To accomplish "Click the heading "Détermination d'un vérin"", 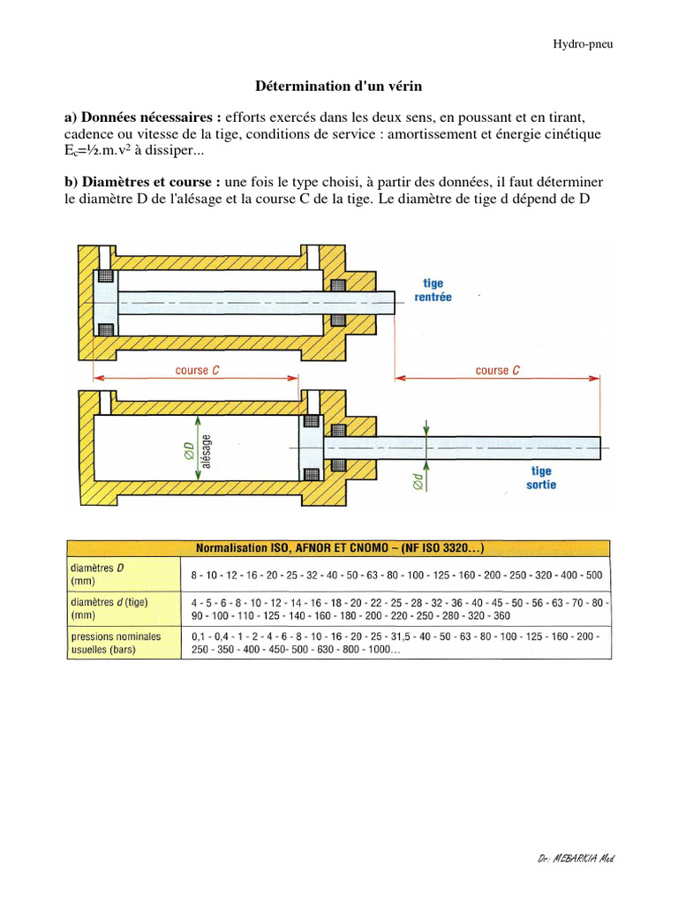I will coord(338,87).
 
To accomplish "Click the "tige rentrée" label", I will coord(433,290).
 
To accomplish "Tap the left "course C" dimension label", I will coord(198,371).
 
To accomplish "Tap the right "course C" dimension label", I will coord(497,371).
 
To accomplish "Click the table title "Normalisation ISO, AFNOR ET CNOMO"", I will coord(338,547).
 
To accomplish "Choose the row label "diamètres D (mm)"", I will coord(97,575).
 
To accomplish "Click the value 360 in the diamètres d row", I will coord(501,615).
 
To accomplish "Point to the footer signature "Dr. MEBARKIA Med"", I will coord(575,859).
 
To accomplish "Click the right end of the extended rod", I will coord(599,448).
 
